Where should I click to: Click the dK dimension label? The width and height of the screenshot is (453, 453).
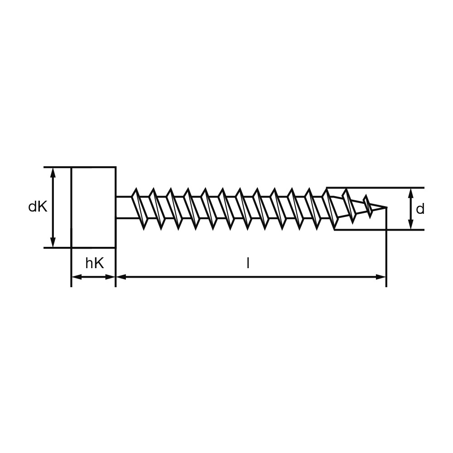pyautogui.click(x=38, y=207)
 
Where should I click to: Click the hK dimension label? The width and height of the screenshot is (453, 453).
pyautogui.click(x=94, y=263)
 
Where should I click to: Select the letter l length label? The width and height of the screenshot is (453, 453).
pyautogui.click(x=248, y=263)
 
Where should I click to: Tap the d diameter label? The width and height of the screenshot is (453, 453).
pyautogui.click(x=420, y=209)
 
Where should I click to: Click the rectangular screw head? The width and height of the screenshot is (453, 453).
pyautogui.click(x=94, y=207)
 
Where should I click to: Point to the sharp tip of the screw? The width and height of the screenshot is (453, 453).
pyautogui.click(x=387, y=207)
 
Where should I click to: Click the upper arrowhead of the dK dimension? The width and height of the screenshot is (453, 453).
pyautogui.click(x=53, y=172)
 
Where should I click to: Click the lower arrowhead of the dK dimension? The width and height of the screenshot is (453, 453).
pyautogui.click(x=53, y=242)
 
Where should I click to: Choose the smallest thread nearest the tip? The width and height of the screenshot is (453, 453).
pyautogui.click(x=368, y=207)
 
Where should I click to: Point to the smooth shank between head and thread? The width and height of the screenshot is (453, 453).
pyautogui.click(x=123, y=207)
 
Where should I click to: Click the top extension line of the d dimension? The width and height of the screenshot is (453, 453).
pyautogui.click(x=376, y=188)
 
